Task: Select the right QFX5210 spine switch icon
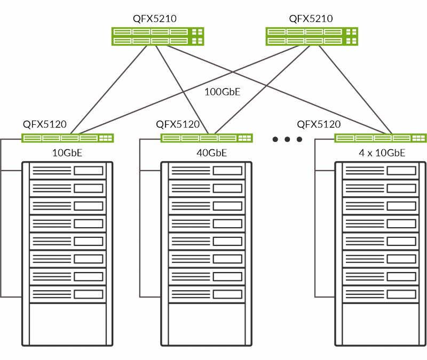pos(312,36)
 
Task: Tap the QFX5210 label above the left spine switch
pos(155,19)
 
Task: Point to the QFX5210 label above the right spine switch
pos(311,19)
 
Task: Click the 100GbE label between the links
pos(223,92)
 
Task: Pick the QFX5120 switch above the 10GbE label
pos(68,138)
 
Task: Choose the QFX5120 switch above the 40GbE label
pos(207,138)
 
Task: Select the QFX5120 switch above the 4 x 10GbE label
pos(381,138)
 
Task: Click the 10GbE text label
pos(67,153)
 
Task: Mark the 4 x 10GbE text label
pos(382,153)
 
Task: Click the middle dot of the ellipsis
pos(287,140)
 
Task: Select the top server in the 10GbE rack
pos(67,171)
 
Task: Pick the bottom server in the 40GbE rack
pos(206,294)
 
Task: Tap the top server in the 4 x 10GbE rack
pos(380,171)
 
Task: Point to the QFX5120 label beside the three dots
pos(319,124)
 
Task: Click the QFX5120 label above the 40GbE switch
pos(178,124)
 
